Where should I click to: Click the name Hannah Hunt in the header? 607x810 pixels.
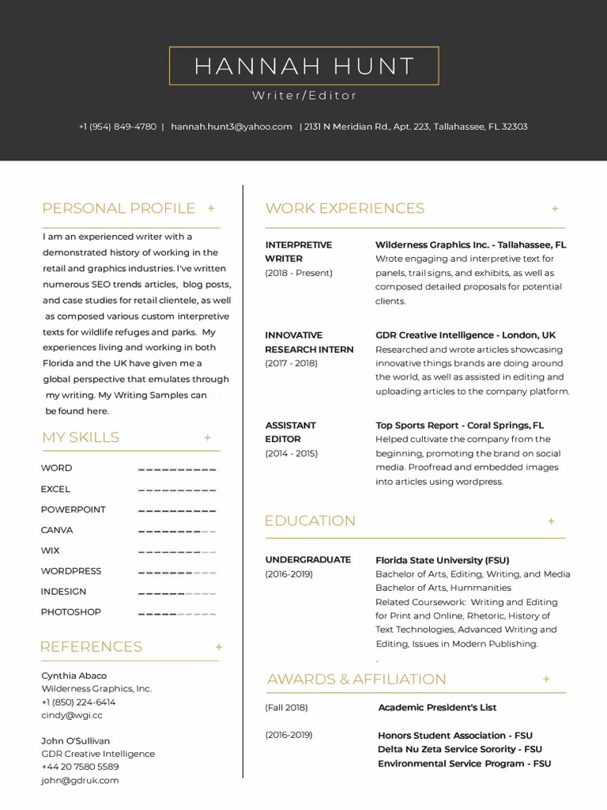coord(304,66)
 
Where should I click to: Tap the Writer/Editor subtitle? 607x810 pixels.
coord(304,96)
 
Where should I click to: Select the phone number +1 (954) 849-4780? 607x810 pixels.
coord(118,127)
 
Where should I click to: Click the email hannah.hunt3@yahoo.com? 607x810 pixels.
coord(232,127)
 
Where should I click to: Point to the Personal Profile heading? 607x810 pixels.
coord(119,209)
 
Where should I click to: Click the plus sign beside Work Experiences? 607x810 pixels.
coord(555,209)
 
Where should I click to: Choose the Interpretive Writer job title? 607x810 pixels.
coord(298,252)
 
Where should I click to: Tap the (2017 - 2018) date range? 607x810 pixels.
coord(291,363)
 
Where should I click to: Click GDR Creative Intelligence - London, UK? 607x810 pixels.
coord(466,335)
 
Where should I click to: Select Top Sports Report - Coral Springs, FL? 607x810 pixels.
coord(459,426)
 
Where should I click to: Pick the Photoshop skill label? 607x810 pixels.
coord(71,612)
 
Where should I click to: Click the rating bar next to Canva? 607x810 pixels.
coord(177,531)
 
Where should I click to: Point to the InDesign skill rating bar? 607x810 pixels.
coord(177,592)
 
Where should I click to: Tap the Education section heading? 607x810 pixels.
coord(310,521)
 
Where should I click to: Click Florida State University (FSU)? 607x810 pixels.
coord(442,560)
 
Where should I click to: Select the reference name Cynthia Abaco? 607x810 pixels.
coord(74,676)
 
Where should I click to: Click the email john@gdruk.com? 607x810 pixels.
coord(80,781)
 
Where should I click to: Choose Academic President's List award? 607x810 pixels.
coord(437,708)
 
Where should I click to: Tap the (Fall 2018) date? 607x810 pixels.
coord(286,708)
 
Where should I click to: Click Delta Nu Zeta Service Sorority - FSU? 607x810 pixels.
coord(460,749)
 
